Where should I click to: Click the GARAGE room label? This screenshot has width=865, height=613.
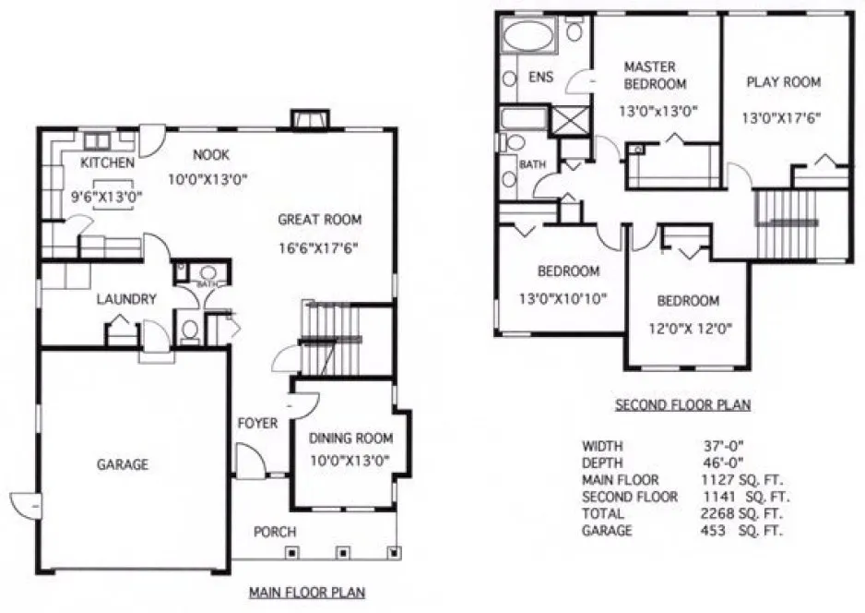(x=123, y=464)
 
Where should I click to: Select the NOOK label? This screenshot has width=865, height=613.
(x=210, y=155)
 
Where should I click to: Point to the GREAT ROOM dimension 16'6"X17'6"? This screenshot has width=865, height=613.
(x=319, y=247)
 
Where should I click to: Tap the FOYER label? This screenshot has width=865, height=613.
(x=257, y=424)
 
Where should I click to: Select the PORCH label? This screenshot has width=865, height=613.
(x=275, y=532)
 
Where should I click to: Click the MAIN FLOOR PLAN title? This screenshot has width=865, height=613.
(x=304, y=592)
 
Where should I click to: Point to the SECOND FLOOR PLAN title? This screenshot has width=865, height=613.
(x=682, y=404)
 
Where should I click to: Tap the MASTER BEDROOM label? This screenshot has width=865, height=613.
(x=655, y=76)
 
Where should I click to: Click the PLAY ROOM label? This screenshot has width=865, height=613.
(x=783, y=82)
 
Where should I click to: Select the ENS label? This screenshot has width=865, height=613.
(x=540, y=78)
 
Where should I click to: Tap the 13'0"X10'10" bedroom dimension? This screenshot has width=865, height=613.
(x=568, y=299)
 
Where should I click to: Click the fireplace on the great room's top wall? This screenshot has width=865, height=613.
(x=308, y=119)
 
